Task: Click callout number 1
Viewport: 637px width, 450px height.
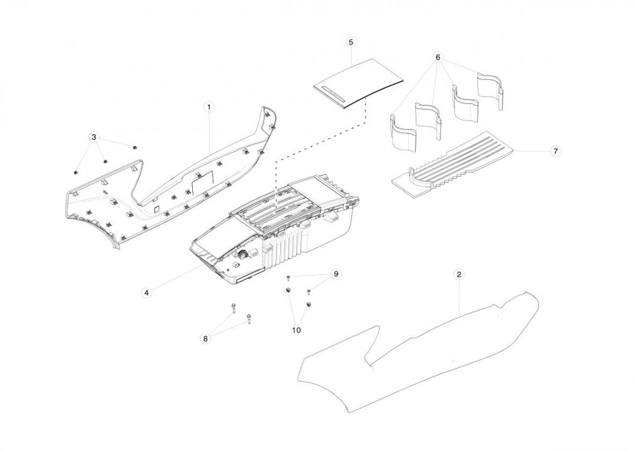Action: (x=209, y=107)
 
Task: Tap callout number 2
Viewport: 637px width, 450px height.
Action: (x=459, y=274)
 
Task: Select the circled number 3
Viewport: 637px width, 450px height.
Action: (x=94, y=137)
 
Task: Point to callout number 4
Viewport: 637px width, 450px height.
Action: (x=146, y=292)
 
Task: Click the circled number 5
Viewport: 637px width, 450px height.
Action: (x=351, y=42)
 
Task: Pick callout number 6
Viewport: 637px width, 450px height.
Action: (x=438, y=57)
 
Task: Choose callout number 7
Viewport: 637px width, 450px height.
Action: (x=555, y=151)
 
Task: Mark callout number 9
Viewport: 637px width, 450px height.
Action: (x=336, y=274)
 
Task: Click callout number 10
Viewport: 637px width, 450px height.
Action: (x=296, y=330)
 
